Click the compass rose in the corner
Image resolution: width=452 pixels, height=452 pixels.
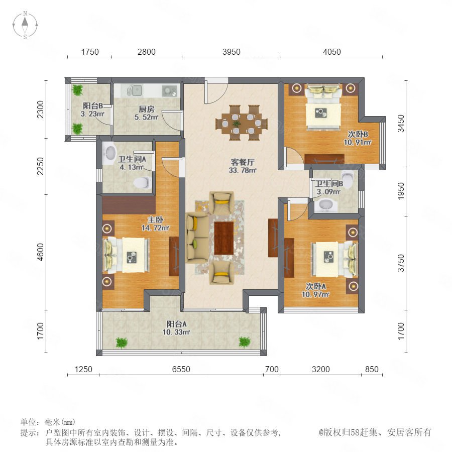[x=25, y=25]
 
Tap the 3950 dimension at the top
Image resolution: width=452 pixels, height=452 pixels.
[x=231, y=52]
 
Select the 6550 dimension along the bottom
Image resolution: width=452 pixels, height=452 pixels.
[x=181, y=369]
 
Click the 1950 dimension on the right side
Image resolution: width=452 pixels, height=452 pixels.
[x=401, y=191]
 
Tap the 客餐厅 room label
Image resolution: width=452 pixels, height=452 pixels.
[x=243, y=162]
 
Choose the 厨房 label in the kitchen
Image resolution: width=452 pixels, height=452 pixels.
[x=147, y=109]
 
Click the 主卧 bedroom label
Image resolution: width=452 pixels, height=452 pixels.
[x=155, y=220]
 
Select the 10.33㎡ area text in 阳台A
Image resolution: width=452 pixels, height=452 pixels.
[x=176, y=332]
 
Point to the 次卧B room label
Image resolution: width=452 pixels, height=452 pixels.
[x=358, y=134]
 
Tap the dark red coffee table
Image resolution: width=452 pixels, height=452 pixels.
[x=223, y=238]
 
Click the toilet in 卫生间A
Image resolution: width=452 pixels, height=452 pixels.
[x=143, y=182]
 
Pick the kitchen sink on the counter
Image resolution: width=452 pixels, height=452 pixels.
[x=134, y=90]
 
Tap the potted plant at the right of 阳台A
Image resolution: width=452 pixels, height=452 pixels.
[x=244, y=342]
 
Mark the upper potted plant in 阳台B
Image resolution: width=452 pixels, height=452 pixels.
[x=77, y=90]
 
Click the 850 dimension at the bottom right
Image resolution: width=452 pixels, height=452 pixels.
[x=372, y=369]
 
